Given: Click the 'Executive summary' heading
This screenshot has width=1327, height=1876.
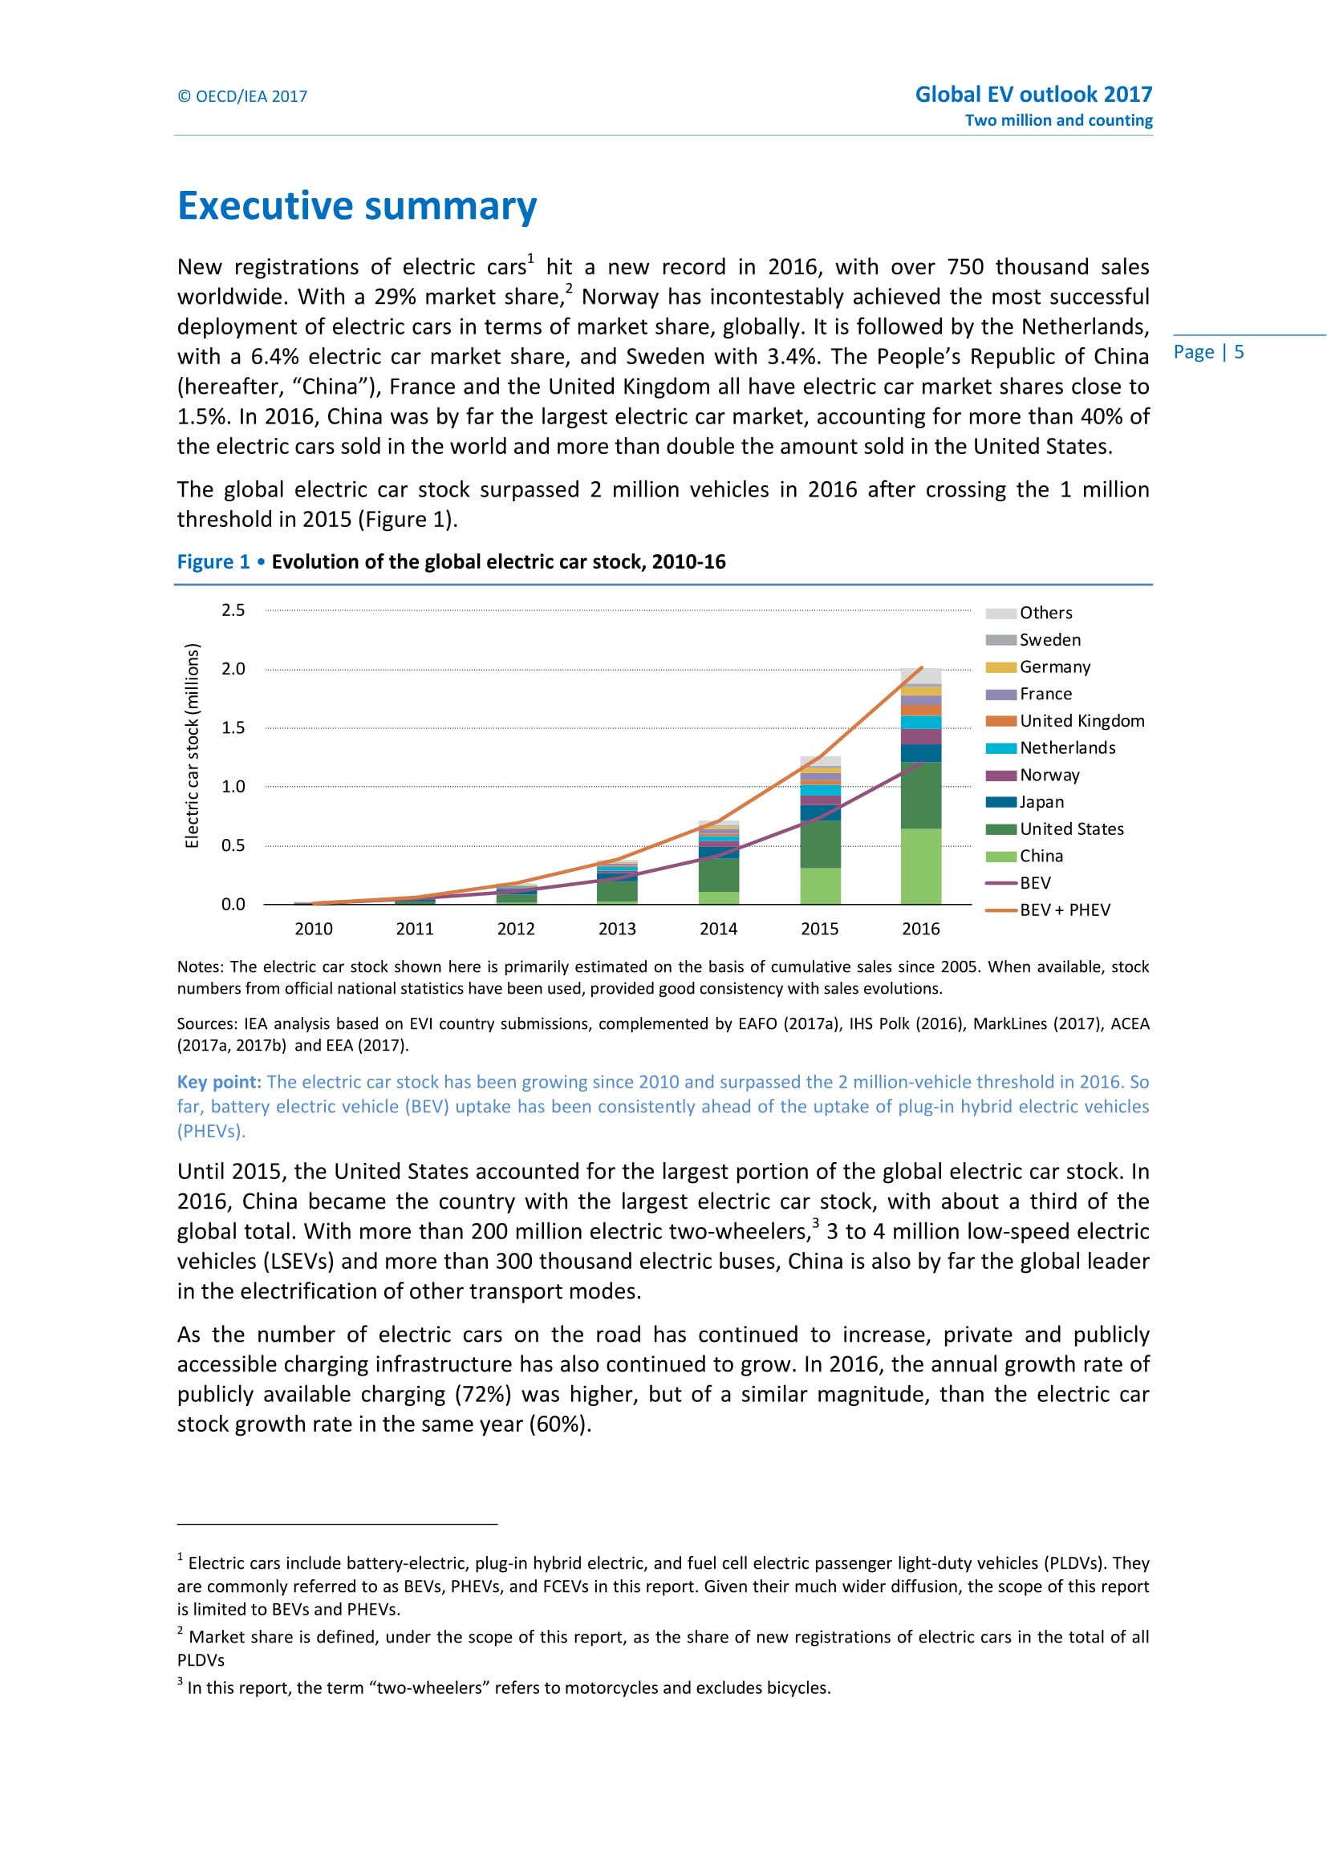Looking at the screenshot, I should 357,206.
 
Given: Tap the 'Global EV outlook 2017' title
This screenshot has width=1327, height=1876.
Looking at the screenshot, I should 1033,95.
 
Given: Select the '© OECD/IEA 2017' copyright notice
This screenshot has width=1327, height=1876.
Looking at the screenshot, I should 242,96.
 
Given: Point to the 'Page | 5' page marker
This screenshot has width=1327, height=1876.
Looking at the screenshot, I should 1207,352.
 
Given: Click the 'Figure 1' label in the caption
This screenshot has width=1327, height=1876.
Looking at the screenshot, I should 213,562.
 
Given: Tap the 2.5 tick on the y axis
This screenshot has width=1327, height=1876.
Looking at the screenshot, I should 233,610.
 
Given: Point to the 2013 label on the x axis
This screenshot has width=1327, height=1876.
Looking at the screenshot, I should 617,929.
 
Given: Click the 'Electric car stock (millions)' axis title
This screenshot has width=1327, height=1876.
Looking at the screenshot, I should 192,746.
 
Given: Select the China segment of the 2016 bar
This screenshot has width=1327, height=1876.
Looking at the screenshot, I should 921,866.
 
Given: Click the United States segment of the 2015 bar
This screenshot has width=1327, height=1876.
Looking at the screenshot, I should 820,844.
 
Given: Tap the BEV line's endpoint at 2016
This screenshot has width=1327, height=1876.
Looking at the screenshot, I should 922,763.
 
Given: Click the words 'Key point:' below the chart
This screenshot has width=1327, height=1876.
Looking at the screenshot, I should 219,1082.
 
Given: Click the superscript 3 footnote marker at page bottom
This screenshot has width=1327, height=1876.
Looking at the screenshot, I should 180,1682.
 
